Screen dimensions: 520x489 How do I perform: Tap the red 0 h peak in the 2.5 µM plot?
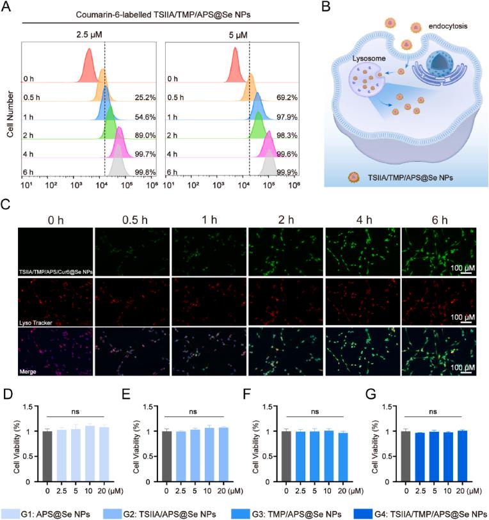tap(89, 66)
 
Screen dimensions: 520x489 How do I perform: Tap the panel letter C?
tap(6, 206)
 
